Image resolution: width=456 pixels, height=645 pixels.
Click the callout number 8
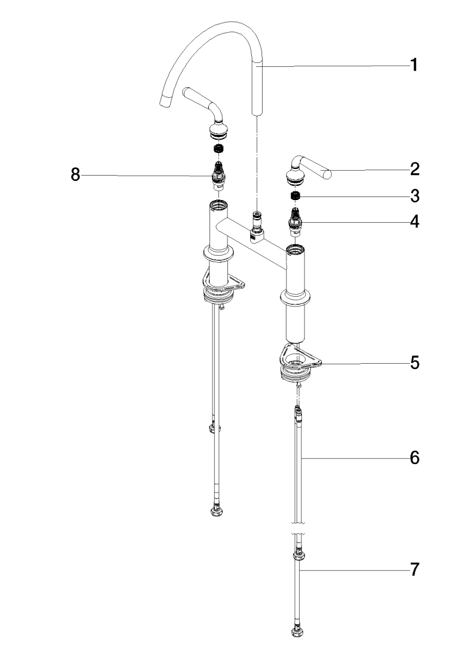tap(75, 175)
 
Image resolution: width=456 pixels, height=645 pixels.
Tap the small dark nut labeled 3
tap(294, 196)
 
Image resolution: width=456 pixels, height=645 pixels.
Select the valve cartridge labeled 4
tap(294, 219)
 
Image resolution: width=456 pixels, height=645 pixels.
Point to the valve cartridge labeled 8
tap(218, 173)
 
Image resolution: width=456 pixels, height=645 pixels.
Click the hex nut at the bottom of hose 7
tap(296, 631)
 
